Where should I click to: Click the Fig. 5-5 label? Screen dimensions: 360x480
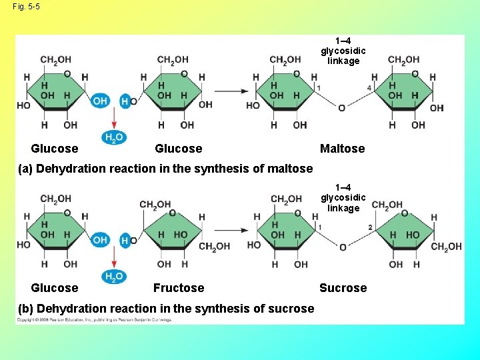[x=26, y=7]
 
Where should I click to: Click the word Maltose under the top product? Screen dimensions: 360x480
[x=342, y=149]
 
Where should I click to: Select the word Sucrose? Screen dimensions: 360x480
[x=343, y=288]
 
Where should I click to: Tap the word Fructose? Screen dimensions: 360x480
[x=179, y=288]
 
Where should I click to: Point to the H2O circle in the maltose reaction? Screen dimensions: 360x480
[x=113, y=138]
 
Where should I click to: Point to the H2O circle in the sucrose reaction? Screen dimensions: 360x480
[x=113, y=277]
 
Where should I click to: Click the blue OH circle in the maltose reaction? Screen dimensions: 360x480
[x=100, y=101]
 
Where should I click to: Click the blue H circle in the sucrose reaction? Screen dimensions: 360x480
[x=125, y=240]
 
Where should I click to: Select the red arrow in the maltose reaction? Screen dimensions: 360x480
[x=114, y=118]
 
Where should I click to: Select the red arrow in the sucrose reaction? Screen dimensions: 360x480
[x=114, y=257]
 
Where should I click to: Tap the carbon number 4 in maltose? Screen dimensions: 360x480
[x=369, y=88]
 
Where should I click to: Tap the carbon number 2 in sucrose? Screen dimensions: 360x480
[x=370, y=228]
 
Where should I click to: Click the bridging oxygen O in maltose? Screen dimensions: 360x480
[x=342, y=108]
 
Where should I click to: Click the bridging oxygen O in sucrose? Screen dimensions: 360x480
[x=343, y=247]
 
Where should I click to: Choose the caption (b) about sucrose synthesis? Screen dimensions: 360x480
[x=175, y=309]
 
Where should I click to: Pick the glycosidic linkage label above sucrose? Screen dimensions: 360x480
[x=343, y=198]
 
